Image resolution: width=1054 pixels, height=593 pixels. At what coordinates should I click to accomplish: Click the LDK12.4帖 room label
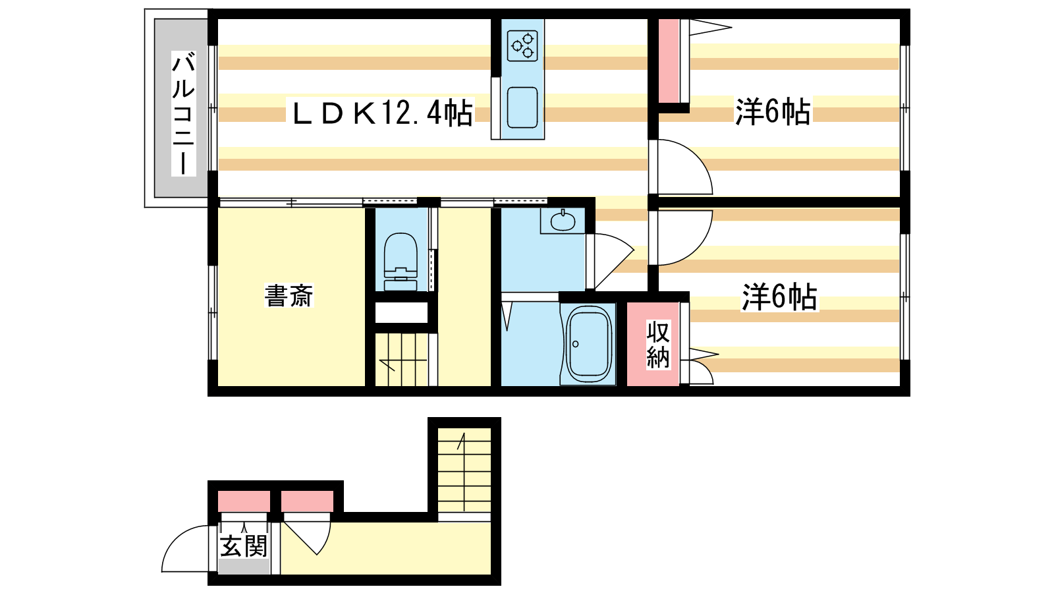pos(381,113)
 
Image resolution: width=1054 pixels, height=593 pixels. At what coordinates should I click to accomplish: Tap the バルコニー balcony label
pos(183,113)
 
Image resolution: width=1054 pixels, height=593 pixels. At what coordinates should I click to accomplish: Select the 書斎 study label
pos(289,296)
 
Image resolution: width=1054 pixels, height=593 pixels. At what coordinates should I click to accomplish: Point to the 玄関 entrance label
pos(244,546)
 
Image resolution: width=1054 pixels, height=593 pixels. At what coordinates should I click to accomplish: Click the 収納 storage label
pos(657,345)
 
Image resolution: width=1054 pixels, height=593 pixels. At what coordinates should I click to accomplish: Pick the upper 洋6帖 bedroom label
pos(773,112)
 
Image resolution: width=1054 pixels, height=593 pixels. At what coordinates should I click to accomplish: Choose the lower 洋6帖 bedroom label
pos(779,297)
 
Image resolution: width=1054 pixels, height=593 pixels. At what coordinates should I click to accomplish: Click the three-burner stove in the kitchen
pos(522,45)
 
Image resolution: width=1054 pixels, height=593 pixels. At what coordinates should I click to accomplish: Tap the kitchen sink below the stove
pos(522,107)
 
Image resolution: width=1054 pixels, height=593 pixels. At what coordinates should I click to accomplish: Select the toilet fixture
pos(401,262)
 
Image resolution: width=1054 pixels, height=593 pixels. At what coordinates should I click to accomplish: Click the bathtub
pos(588,345)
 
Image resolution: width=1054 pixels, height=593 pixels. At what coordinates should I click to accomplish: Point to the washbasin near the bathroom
pos(563,220)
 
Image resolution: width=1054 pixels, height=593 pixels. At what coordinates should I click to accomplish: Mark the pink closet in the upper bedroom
pos(669,61)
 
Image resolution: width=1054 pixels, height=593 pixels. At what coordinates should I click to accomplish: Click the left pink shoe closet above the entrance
pos(244,501)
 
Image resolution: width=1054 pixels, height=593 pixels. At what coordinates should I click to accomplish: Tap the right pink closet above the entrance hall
pos(307,501)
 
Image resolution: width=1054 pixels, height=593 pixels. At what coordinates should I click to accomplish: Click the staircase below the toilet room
pos(401,360)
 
